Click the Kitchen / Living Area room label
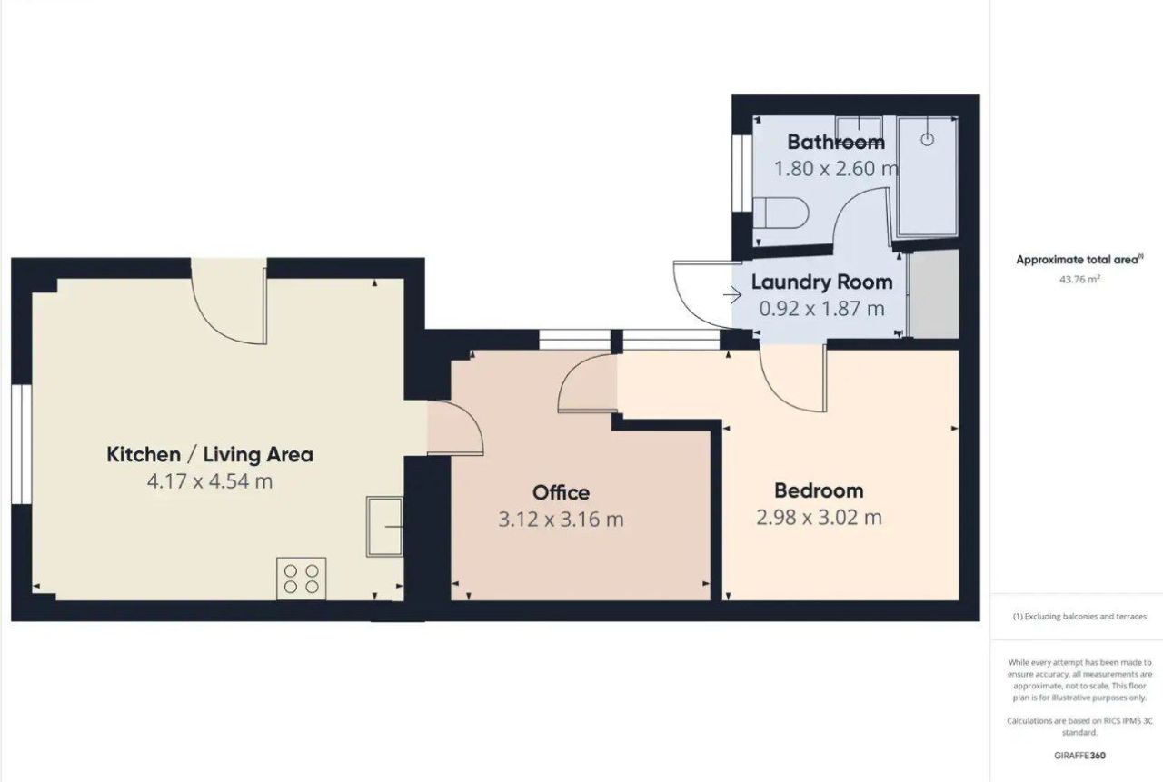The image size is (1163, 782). pyautogui.click(x=210, y=454)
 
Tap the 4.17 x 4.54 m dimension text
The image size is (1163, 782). pyautogui.click(x=210, y=481)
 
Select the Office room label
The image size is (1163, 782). pyautogui.click(x=561, y=492)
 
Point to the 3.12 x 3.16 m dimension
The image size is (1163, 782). pyautogui.click(x=561, y=520)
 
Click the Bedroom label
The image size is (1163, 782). pyautogui.click(x=819, y=490)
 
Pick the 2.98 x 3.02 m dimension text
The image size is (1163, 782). pyautogui.click(x=819, y=518)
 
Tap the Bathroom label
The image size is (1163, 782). pyautogui.click(x=835, y=142)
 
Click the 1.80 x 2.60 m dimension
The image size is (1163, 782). pyautogui.click(x=835, y=169)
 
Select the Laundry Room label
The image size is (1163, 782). pyautogui.click(x=821, y=282)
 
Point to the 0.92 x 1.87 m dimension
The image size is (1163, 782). pyautogui.click(x=821, y=309)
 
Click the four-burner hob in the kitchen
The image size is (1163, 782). pyautogui.click(x=302, y=579)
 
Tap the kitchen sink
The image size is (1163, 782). pyautogui.click(x=385, y=526)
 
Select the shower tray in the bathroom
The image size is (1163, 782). pyautogui.click(x=927, y=177)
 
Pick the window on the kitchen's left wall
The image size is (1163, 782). pyautogui.click(x=22, y=443)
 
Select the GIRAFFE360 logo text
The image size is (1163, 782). pyautogui.click(x=1080, y=755)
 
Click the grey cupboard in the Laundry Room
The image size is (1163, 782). pyautogui.click(x=933, y=295)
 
